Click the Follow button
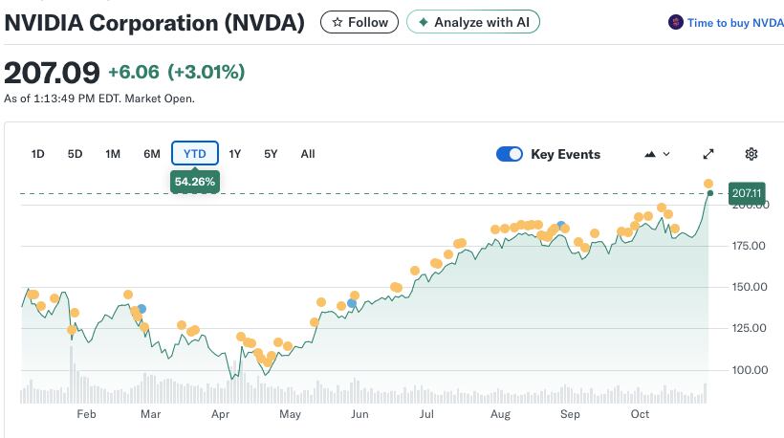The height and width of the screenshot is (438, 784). pyautogui.click(x=359, y=22)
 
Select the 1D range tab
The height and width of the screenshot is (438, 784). pyautogui.click(x=38, y=154)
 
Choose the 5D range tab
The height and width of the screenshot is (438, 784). pyautogui.click(x=76, y=154)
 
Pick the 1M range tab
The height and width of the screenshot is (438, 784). pyautogui.click(x=113, y=154)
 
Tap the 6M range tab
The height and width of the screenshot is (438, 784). pyautogui.click(x=151, y=154)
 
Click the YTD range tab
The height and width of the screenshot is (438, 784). pyautogui.click(x=195, y=154)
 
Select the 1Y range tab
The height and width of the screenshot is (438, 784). pyautogui.click(x=235, y=154)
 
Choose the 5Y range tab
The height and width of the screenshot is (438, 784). pyautogui.click(x=271, y=154)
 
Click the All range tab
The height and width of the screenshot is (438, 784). pyautogui.click(x=308, y=154)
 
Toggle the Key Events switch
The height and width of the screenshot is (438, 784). pyautogui.click(x=510, y=154)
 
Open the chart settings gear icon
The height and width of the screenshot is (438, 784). pyautogui.click(x=751, y=154)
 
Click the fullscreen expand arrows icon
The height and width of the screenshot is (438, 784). pyautogui.click(x=708, y=154)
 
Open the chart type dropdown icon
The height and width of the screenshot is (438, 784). pyautogui.click(x=658, y=154)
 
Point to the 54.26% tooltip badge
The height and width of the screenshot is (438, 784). pyautogui.click(x=195, y=181)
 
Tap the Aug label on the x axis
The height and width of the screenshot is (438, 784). pyautogui.click(x=499, y=414)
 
